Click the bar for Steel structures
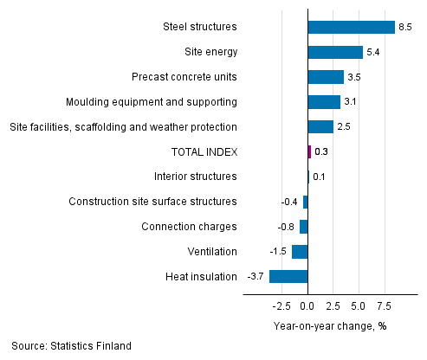point(351,27)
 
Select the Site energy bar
point(335,52)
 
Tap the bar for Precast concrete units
point(326,77)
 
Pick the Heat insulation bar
point(288,277)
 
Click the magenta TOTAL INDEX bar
point(309,152)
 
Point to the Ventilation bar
point(300,252)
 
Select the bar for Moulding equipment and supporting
point(324,102)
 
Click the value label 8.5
point(405,27)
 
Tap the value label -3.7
point(256,277)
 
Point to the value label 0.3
point(321,152)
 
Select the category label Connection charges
point(189,227)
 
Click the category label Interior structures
point(195,177)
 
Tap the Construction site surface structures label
point(152,202)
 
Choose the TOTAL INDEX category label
point(204,152)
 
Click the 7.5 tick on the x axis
point(383,305)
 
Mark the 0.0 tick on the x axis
point(307,305)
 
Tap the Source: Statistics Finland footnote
point(72,346)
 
